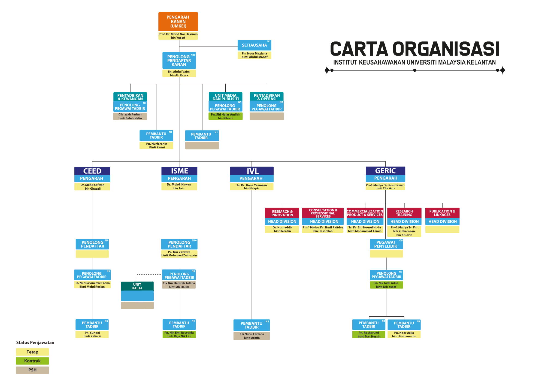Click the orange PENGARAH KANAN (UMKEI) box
(x=178, y=22)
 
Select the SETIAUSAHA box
(x=254, y=45)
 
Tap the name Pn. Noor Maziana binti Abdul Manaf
(x=254, y=55)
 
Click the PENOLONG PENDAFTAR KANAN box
(x=179, y=60)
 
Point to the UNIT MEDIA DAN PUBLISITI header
(x=225, y=97)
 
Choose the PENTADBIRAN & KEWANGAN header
(x=130, y=97)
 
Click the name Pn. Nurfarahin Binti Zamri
(x=156, y=145)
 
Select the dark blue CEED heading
(x=92, y=171)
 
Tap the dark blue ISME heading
(x=179, y=171)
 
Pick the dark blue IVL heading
(x=252, y=171)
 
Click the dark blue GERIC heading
(x=385, y=171)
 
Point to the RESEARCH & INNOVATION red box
(x=282, y=213)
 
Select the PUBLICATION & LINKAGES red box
(x=442, y=213)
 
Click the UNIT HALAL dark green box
(x=137, y=286)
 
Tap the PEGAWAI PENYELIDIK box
(x=386, y=244)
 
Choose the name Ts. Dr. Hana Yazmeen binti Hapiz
(x=252, y=187)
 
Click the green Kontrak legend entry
(x=32, y=361)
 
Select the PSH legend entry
(x=32, y=370)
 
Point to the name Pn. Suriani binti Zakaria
(x=92, y=334)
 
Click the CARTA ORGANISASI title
(x=414, y=49)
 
